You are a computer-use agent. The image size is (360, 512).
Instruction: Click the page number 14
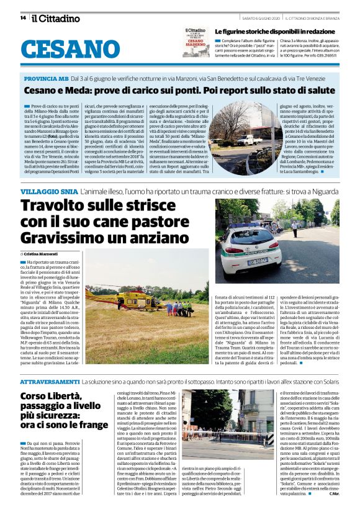[x=23, y=18]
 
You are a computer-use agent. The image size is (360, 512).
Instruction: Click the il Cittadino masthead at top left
[x=56, y=18]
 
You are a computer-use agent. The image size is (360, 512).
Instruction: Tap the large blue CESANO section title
[x=74, y=49]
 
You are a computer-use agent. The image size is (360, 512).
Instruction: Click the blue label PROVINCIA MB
[x=46, y=80]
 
